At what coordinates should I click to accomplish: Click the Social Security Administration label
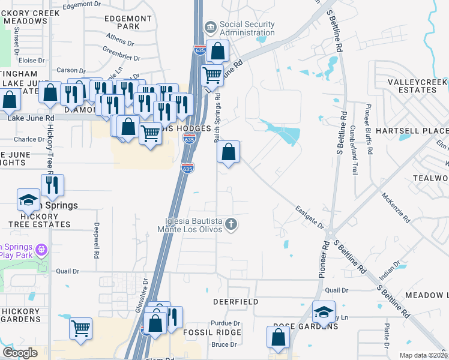click(247, 29)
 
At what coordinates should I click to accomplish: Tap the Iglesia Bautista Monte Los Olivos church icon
click(232, 225)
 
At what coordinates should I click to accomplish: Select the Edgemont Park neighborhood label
click(128, 23)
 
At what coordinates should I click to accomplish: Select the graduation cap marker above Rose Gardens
click(324, 311)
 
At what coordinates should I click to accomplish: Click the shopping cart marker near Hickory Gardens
click(80, 328)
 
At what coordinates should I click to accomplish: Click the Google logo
click(19, 352)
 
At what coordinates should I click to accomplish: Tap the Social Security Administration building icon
click(210, 26)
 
